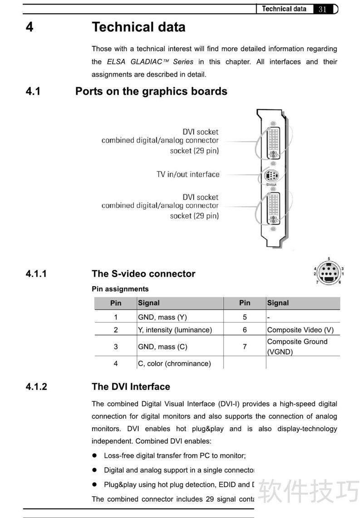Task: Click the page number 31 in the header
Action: pyautogui.click(x=323, y=9)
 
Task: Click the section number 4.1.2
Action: pyautogui.click(x=36, y=387)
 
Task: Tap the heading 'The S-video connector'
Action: pyautogui.click(x=143, y=274)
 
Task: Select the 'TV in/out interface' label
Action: pyautogui.click(x=188, y=174)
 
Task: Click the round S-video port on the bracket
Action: pyautogui.click(x=271, y=176)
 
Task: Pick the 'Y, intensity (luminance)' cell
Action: pyautogui.click(x=175, y=330)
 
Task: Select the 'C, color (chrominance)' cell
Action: pyautogui.click(x=174, y=363)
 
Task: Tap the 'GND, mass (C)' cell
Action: pyautogui.click(x=162, y=347)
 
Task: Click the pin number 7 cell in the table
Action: pyautogui.click(x=245, y=347)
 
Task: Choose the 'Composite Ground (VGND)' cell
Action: pyautogui.click(x=297, y=347)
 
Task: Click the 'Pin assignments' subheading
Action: pyautogui.click(x=120, y=289)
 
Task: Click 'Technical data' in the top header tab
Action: pyautogui.click(x=284, y=9)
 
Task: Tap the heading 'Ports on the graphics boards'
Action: pyautogui.click(x=151, y=91)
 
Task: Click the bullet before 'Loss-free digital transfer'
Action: pyautogui.click(x=95, y=455)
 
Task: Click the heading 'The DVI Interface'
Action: pyautogui.click(x=131, y=387)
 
